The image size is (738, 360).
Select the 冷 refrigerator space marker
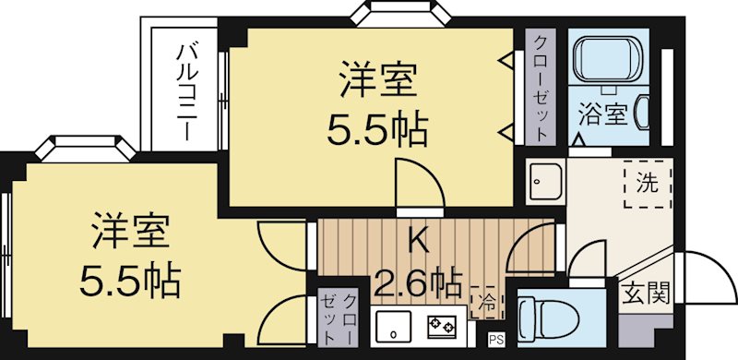click(486, 300)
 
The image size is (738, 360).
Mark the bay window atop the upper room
click(398, 15)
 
